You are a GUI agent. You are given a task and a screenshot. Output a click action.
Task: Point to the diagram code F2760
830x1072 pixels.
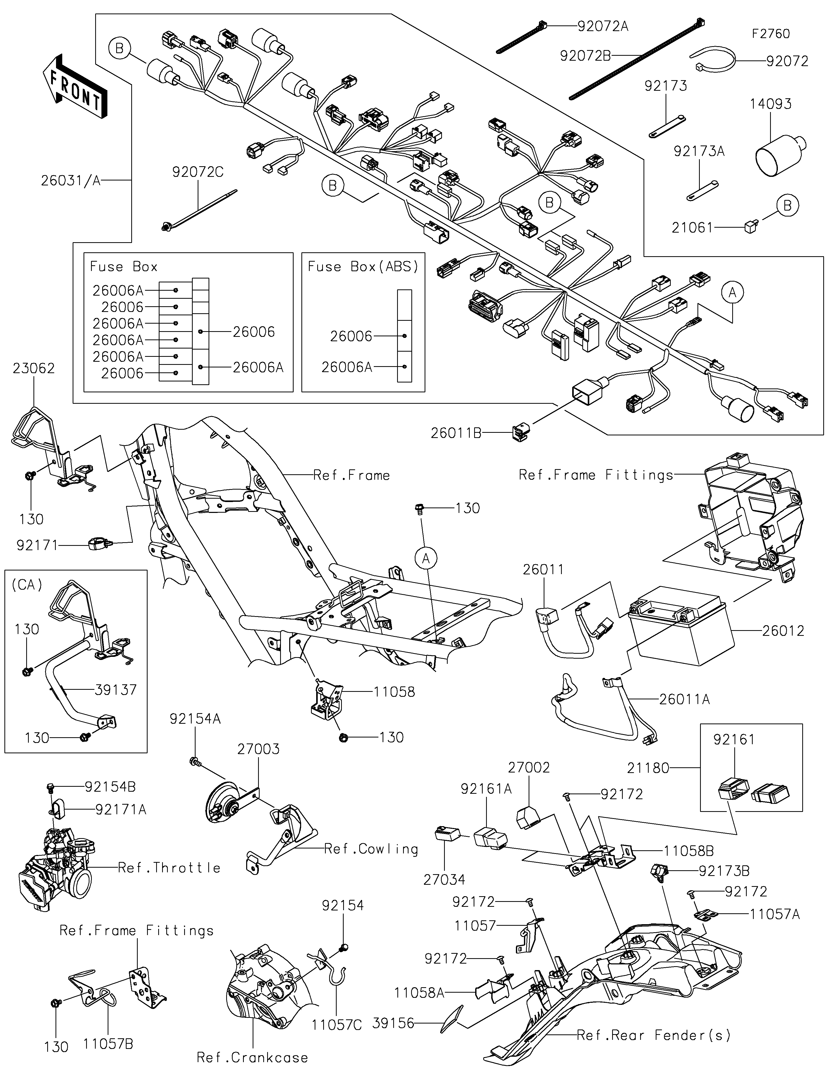tap(771, 34)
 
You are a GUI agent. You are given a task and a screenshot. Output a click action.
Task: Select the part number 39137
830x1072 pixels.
tap(116, 690)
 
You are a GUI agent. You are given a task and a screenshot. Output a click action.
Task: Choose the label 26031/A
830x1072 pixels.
tap(70, 181)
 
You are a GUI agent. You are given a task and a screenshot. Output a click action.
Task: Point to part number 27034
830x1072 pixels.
tap(444, 879)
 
